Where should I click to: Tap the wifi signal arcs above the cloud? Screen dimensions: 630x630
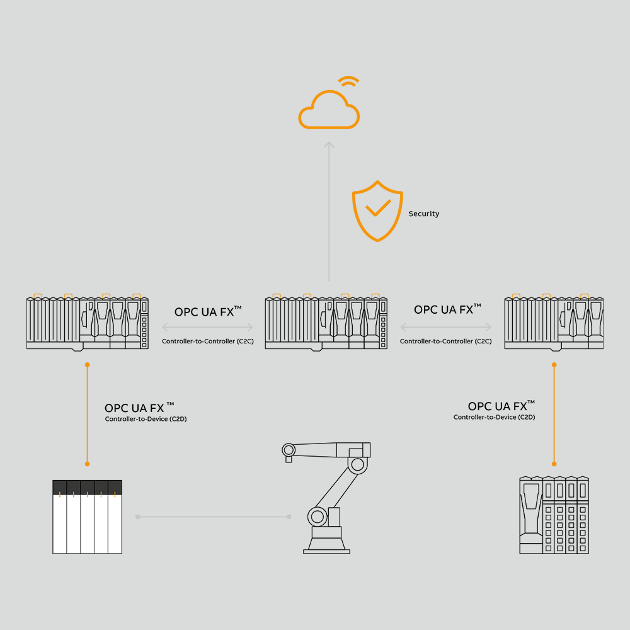tap(348, 83)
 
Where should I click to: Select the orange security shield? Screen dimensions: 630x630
tap(377, 211)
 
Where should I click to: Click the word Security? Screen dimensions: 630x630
tap(423, 214)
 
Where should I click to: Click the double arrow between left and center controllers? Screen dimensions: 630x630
tap(207, 328)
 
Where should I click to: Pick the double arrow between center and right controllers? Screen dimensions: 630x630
tap(446, 328)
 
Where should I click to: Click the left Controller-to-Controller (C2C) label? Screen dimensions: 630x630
tap(207, 341)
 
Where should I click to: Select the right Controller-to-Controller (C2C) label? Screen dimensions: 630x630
tap(445, 341)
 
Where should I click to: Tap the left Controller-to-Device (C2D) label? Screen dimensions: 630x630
tap(146, 420)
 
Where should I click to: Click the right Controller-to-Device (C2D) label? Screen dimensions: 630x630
tap(494, 417)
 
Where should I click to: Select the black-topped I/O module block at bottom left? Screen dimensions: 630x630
tap(87, 517)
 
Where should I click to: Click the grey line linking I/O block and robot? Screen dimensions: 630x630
tap(213, 517)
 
